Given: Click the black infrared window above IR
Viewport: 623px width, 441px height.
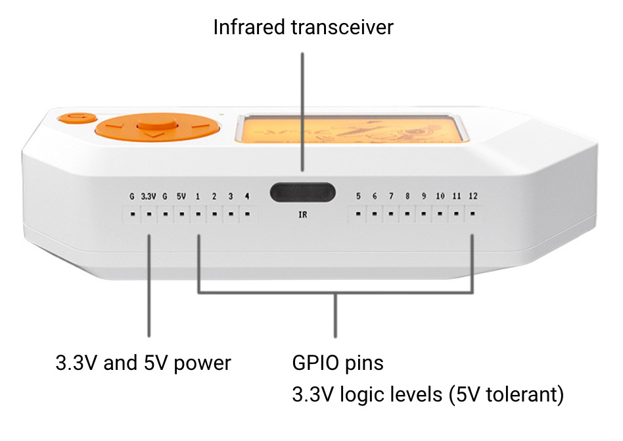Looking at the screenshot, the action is [x=302, y=192].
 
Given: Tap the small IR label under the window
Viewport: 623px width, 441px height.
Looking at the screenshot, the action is [x=303, y=215].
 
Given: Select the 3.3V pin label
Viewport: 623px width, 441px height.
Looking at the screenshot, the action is [x=149, y=196].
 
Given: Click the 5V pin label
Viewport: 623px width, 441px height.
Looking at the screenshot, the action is [x=181, y=196].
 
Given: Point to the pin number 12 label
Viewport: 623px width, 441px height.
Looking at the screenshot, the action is [x=473, y=196].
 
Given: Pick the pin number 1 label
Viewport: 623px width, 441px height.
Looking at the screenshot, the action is [x=198, y=196].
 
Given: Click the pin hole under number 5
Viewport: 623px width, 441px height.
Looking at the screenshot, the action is [x=358, y=214].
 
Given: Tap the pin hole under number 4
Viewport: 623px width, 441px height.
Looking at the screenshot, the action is [x=247, y=214].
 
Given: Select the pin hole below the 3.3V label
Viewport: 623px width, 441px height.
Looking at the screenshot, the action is [x=149, y=214].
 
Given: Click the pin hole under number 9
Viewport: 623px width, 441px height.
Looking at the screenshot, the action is [x=423, y=214].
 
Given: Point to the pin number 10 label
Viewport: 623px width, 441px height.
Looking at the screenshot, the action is [x=440, y=196].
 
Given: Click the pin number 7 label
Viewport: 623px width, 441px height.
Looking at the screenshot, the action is [x=391, y=196].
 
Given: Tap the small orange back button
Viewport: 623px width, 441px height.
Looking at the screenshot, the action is [x=77, y=118].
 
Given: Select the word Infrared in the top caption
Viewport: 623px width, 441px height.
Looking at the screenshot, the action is [x=248, y=27].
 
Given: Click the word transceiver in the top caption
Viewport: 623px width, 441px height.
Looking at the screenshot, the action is [x=342, y=28].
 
